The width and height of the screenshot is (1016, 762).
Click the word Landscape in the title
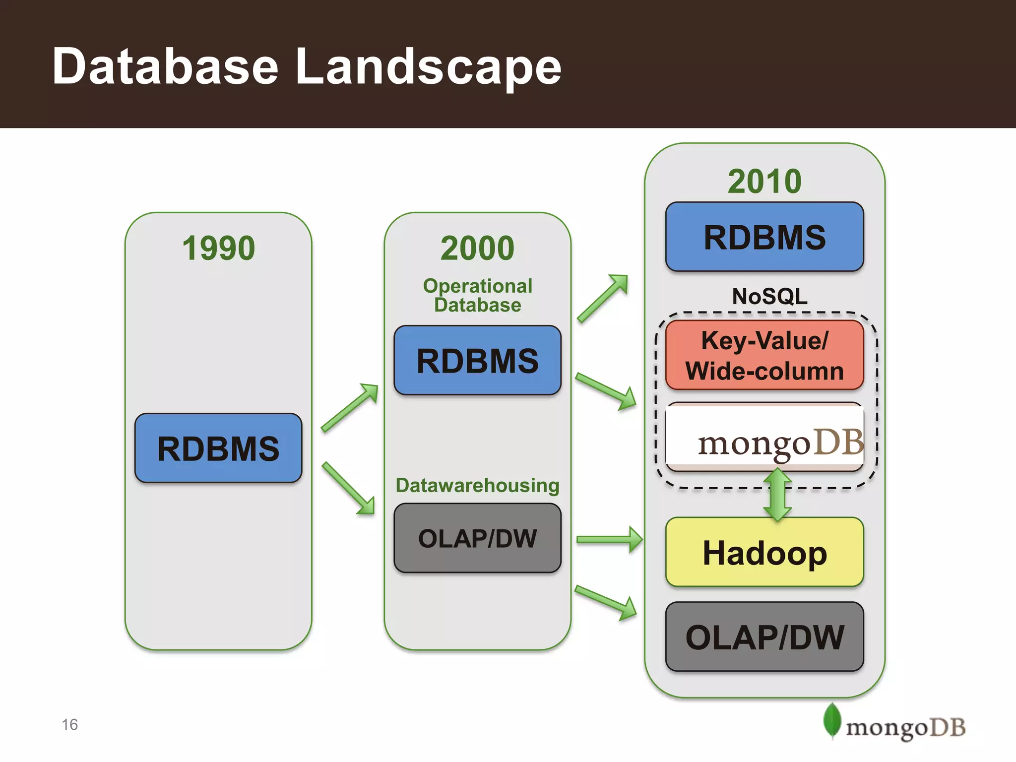[428, 67]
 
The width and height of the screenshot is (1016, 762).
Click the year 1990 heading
[218, 248]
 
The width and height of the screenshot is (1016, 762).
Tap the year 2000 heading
[477, 248]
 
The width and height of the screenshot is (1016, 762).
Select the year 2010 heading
[764, 182]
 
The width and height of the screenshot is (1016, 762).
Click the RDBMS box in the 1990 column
[218, 448]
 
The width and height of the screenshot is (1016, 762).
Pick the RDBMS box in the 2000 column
[477, 361]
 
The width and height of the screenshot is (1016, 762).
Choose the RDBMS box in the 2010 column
[764, 237]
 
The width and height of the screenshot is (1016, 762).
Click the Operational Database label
[477, 295]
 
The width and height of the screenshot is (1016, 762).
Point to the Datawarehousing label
[477, 485]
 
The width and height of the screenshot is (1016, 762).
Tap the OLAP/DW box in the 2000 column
[477, 538]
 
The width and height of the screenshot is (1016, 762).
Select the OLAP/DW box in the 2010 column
[764, 637]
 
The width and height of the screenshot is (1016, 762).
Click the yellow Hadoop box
[764, 553]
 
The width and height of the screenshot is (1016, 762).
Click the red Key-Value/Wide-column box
[764, 356]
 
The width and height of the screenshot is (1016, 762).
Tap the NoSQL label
[769, 297]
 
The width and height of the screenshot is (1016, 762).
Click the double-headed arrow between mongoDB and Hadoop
[777, 495]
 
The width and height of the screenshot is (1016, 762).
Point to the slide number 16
[70, 725]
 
